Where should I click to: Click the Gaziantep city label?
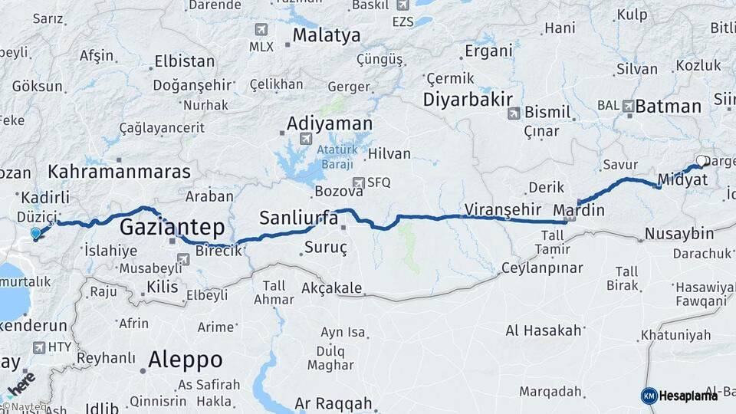172,227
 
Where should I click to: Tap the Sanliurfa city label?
299,218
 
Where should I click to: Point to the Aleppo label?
186,359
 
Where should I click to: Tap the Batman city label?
668,106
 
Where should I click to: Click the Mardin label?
579,210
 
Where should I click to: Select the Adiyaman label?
330,124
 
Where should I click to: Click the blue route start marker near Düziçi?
35,234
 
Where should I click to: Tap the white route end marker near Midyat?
700,162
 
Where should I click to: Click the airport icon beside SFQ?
357,182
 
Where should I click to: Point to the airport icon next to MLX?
261,30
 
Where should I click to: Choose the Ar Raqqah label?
333,403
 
